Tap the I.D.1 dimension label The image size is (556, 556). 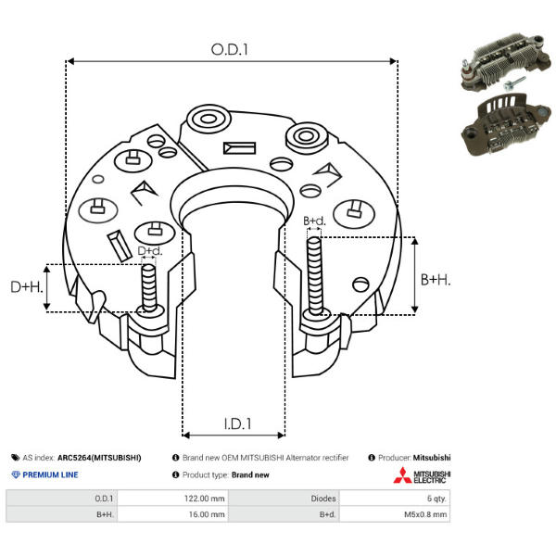[237, 425]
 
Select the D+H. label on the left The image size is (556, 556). [28, 288]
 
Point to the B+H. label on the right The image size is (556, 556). [435, 279]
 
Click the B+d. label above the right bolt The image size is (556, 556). [315, 221]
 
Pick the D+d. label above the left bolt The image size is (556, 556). [150, 251]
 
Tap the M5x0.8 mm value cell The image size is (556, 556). [422, 513]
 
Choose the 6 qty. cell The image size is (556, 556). [432, 498]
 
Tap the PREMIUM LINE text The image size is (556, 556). [50, 474]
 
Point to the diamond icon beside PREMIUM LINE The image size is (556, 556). [15, 474]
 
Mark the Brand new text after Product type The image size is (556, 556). [250, 474]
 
